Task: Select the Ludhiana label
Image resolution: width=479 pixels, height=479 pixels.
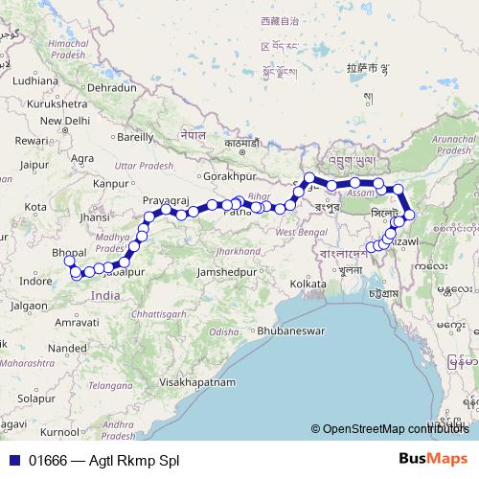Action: coord(35,81)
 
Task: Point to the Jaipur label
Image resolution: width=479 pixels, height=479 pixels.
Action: coord(32,164)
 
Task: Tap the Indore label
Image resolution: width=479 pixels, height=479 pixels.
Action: coord(35,282)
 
